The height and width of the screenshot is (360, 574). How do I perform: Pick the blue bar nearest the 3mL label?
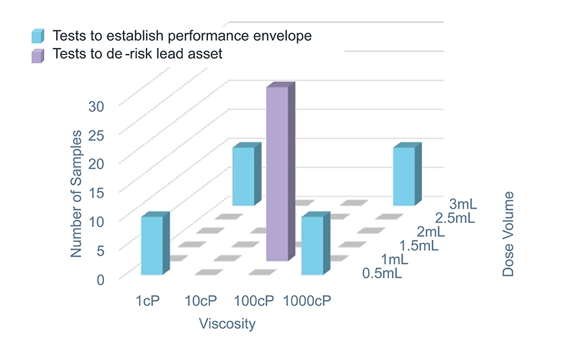[405, 176]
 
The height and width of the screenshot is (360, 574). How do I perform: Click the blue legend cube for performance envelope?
[38, 36]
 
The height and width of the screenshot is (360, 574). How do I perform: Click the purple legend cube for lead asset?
[38, 55]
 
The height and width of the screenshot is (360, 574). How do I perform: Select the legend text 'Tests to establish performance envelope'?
[182, 36]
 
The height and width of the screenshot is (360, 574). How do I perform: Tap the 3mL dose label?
[463, 204]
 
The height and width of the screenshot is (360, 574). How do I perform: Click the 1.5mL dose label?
[418, 245]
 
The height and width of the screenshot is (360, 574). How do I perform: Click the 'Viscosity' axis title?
[227, 324]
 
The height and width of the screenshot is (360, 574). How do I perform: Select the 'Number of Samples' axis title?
[76, 194]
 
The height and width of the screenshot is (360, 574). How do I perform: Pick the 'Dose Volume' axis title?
[508, 234]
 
